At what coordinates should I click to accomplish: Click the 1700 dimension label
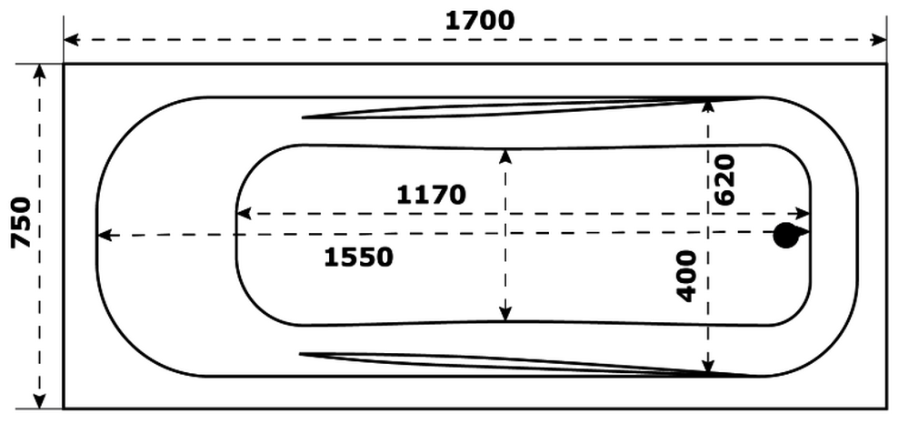tap(479, 21)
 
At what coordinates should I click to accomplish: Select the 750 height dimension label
tap(22, 223)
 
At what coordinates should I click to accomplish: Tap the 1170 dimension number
tap(431, 195)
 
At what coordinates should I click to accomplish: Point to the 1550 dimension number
tap(358, 257)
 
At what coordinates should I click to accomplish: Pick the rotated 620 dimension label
tap(724, 179)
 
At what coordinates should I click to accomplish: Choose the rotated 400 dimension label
tap(687, 277)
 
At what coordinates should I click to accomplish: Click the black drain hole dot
tap(785, 236)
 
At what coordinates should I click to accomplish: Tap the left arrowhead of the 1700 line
tap(71, 40)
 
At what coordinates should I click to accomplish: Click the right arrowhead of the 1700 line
tap(879, 40)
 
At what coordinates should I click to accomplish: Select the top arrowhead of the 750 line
tap(39, 71)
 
